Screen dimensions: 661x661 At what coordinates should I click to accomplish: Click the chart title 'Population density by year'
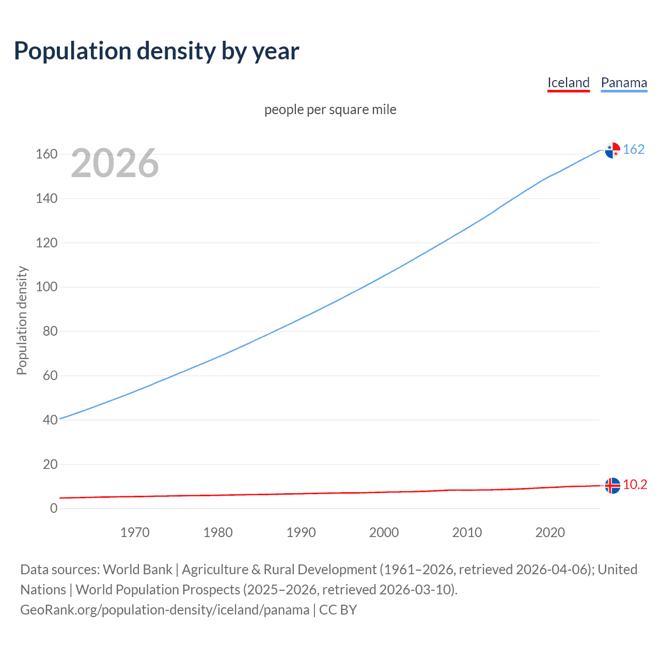(x=156, y=51)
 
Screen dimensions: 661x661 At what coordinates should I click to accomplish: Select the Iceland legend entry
(x=568, y=83)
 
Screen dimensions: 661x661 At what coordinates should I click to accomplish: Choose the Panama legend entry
(x=624, y=83)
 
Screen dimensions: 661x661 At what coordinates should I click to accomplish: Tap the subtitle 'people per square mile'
(x=330, y=109)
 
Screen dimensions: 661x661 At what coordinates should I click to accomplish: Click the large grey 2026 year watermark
(x=115, y=163)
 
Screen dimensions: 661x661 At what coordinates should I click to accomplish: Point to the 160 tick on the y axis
(x=46, y=154)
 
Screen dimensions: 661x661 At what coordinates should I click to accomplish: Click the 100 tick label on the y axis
(x=46, y=287)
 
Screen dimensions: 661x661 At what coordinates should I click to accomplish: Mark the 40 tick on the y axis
(x=50, y=420)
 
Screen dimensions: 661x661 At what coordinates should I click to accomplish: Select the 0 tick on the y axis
(x=54, y=508)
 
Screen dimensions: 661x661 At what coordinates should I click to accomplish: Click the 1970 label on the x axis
(x=135, y=532)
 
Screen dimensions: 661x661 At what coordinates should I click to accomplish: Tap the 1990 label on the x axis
(x=301, y=532)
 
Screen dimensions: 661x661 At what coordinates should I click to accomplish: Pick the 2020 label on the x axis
(x=550, y=532)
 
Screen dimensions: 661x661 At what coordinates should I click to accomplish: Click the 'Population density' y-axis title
(x=22, y=320)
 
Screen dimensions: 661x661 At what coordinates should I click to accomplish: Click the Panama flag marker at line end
(x=612, y=150)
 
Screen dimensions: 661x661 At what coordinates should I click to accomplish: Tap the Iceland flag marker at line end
(x=612, y=485)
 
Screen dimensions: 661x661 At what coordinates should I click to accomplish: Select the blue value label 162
(x=634, y=149)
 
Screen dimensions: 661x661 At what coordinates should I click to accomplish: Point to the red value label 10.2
(x=635, y=484)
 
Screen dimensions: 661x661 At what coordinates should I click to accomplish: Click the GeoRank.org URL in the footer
(x=165, y=610)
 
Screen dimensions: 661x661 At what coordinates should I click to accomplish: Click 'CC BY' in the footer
(x=338, y=610)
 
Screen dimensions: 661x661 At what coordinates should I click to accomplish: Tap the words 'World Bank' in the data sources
(x=137, y=570)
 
